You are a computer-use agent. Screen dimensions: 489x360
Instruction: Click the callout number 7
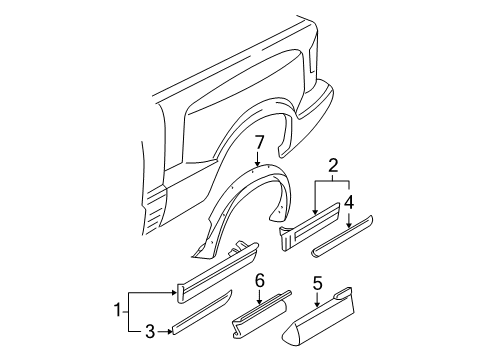pyautogui.click(x=258, y=143)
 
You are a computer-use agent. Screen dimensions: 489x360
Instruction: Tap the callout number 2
pyautogui.click(x=333, y=166)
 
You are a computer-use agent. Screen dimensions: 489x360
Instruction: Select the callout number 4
pyautogui.click(x=349, y=202)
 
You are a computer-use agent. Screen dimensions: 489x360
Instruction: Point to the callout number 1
pyautogui.click(x=117, y=310)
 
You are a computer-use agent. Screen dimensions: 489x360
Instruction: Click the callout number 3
pyautogui.click(x=150, y=332)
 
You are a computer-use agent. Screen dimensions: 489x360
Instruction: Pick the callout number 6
pyautogui.click(x=260, y=281)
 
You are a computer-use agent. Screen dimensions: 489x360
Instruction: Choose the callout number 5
pyautogui.click(x=318, y=284)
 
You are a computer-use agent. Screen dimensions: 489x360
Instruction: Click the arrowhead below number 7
pyautogui.click(x=258, y=163)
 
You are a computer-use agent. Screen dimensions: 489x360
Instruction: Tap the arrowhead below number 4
pyautogui.click(x=349, y=225)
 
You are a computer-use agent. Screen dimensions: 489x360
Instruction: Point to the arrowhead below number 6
pyautogui.click(x=260, y=301)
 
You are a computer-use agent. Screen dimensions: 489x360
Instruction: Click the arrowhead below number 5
pyautogui.click(x=317, y=304)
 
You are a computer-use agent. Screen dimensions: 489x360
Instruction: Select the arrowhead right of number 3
pyautogui.click(x=170, y=332)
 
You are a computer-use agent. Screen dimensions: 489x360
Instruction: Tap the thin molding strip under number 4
pyautogui.click(x=342, y=236)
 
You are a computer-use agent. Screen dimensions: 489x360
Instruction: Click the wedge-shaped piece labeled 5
pyautogui.click(x=318, y=315)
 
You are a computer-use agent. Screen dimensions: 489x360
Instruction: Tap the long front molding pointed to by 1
pyautogui.click(x=217, y=272)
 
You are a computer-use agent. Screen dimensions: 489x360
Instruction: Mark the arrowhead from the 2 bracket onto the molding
pyautogui.click(x=315, y=211)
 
